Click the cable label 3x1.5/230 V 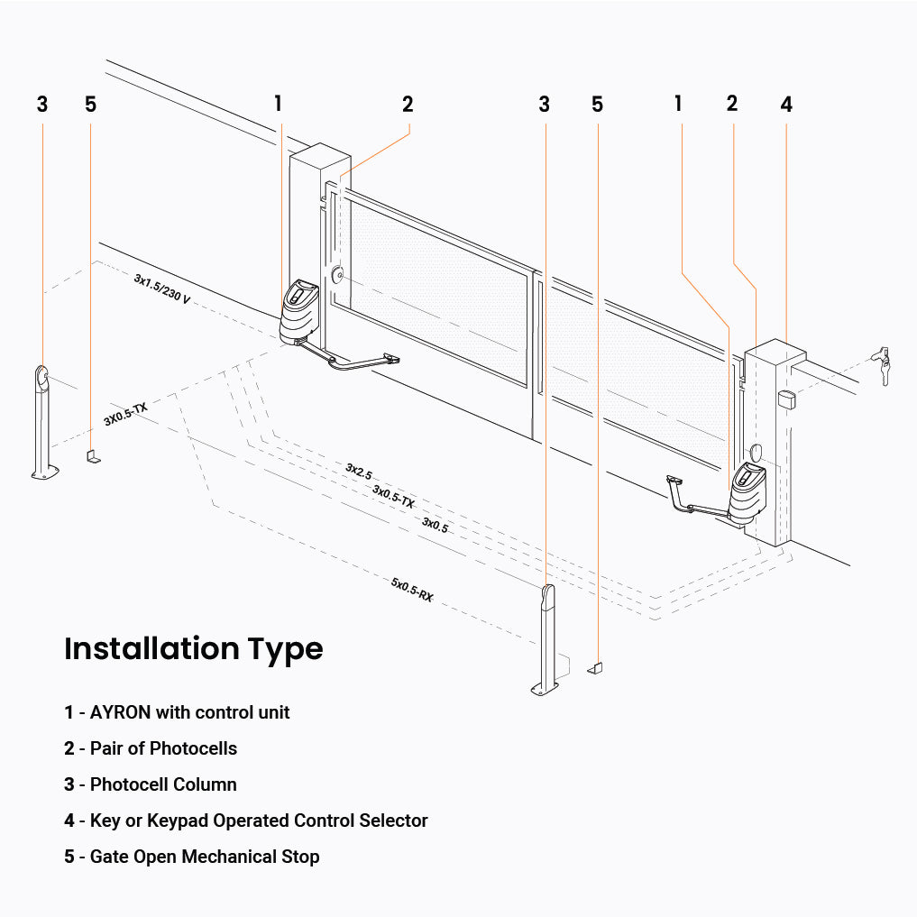[162, 289]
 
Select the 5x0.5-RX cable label [412, 590]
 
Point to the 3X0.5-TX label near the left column [125, 414]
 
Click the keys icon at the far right [882, 364]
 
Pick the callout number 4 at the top [786, 105]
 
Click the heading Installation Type [193, 648]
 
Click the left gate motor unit [298, 312]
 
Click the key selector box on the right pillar [786, 399]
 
